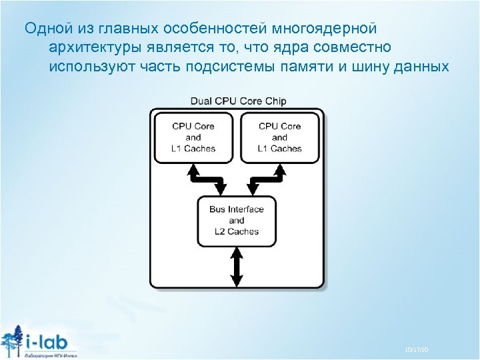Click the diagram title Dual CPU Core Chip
238,101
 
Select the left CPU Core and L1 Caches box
193,137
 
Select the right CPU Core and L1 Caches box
280,137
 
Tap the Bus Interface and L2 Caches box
237,220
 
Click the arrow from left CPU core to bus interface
207,179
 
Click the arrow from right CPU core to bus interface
267,179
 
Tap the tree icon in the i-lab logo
11,340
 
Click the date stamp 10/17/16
416,349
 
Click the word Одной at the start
45,29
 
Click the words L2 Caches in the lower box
237,231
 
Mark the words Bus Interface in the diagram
237,209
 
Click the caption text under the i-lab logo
50,354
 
